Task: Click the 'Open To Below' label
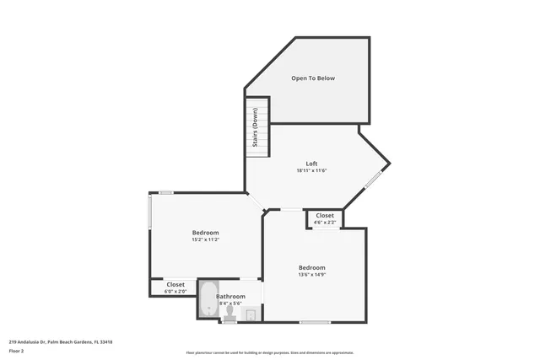[313, 78]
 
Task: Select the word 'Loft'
[311, 164]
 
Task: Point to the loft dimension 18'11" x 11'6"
[311, 171]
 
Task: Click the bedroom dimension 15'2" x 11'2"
[205, 240]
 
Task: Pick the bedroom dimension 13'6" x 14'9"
[311, 274]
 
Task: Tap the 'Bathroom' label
[230, 296]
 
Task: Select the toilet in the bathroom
[229, 313]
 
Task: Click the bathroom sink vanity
[251, 314]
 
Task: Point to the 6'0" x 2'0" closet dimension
[175, 292]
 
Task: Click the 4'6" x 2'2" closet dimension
[325, 223]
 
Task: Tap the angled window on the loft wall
[373, 180]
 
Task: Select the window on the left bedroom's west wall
[150, 212]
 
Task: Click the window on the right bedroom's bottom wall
[315, 322]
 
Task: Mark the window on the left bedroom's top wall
[166, 193]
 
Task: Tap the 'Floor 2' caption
[16, 351]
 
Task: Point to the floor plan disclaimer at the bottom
[269, 353]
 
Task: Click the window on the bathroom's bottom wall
[229, 321]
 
